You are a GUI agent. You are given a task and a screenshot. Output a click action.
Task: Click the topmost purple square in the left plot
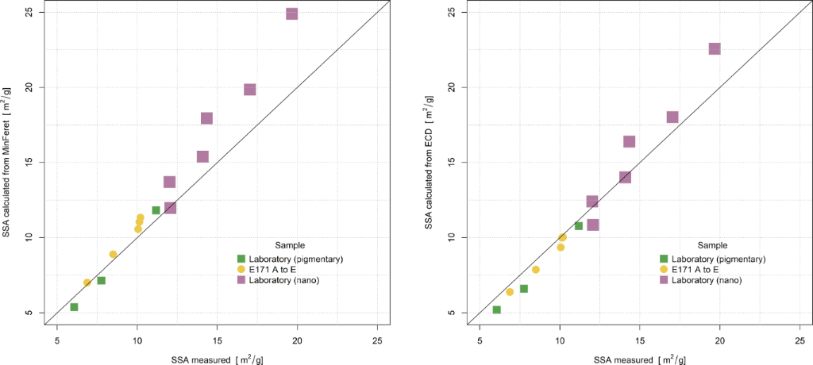[291, 13]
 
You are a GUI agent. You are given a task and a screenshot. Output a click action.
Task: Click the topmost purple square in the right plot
[715, 48]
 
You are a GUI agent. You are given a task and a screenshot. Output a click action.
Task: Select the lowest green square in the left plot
[74, 307]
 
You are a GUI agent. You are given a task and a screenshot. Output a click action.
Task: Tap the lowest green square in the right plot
[497, 309]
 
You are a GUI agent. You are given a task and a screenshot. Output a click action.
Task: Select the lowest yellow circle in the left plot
[87, 282]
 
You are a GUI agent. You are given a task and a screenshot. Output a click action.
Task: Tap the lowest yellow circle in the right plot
[510, 292]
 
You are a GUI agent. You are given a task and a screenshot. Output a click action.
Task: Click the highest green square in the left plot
[156, 210]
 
